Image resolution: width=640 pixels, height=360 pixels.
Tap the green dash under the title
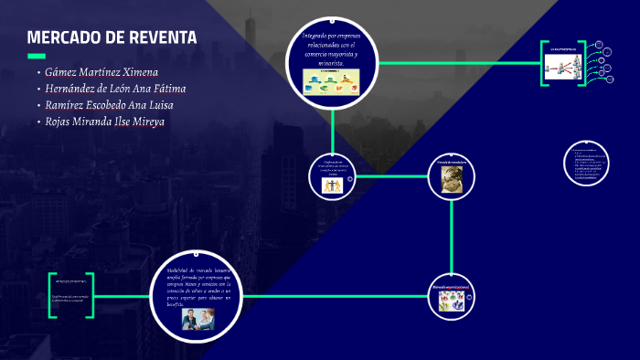(x=36, y=56)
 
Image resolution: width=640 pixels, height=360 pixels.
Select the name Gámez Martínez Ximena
(x=101, y=71)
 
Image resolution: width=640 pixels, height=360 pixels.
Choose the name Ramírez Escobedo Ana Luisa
(x=109, y=104)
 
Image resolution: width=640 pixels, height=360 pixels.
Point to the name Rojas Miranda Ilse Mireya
(x=105, y=121)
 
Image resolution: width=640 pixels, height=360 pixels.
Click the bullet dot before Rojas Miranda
(x=38, y=122)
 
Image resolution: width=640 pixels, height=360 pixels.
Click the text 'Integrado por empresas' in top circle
(x=332, y=37)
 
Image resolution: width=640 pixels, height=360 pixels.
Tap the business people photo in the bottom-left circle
(x=198, y=320)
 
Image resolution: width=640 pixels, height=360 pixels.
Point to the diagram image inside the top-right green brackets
(x=563, y=64)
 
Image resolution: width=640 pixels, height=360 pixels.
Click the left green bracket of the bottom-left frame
(x=52, y=294)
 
